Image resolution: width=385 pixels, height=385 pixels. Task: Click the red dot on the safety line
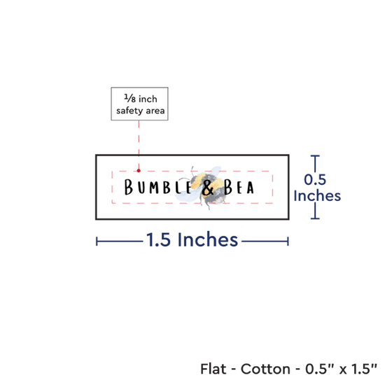coord(139,170)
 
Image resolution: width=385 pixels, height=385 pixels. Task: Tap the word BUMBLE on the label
coord(158,187)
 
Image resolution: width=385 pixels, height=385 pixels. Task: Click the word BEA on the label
coord(239,187)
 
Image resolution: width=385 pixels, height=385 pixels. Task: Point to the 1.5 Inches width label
coord(192,239)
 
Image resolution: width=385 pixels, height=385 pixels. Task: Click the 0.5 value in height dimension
coord(315,179)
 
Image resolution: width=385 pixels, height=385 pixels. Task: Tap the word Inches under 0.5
coord(317,196)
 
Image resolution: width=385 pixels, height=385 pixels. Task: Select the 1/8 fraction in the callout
coord(130,98)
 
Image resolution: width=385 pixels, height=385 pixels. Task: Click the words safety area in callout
coord(140,111)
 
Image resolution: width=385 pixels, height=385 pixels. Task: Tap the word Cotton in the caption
coord(265,369)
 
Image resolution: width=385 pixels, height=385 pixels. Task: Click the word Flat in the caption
coord(213,369)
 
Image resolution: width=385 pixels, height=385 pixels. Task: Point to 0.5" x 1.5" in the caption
coord(341,369)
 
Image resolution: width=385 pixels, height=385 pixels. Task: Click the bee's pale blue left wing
coord(186,196)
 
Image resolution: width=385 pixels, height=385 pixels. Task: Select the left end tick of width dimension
coord(97,241)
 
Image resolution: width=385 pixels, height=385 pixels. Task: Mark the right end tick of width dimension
coord(288,241)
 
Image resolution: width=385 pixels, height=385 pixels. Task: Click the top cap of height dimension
coord(315,156)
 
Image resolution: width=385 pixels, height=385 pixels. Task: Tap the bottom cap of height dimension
coord(315,218)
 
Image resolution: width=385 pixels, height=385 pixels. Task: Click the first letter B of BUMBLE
coord(129,187)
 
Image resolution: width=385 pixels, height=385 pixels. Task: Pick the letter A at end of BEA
coord(250,188)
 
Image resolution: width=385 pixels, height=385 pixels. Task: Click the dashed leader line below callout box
coord(139,145)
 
